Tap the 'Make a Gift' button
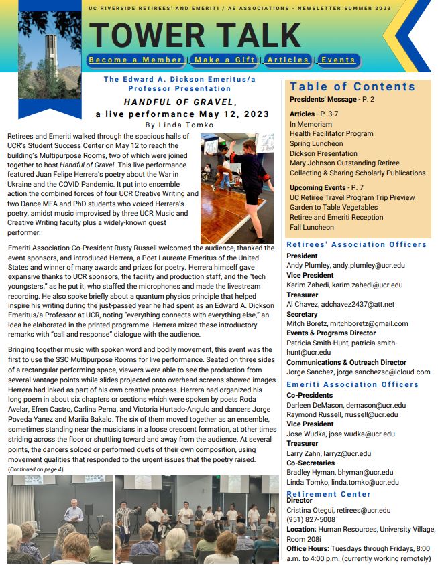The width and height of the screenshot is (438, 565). (224, 60)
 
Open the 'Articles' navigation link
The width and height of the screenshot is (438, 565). (288, 60)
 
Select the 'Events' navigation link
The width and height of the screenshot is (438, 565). (337, 60)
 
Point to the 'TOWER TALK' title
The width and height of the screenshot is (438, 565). (195, 35)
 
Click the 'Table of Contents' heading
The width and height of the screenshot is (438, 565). (353, 86)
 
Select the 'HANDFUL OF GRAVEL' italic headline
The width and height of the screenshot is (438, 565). (180, 102)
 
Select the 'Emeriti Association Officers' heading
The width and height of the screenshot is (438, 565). (352, 384)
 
